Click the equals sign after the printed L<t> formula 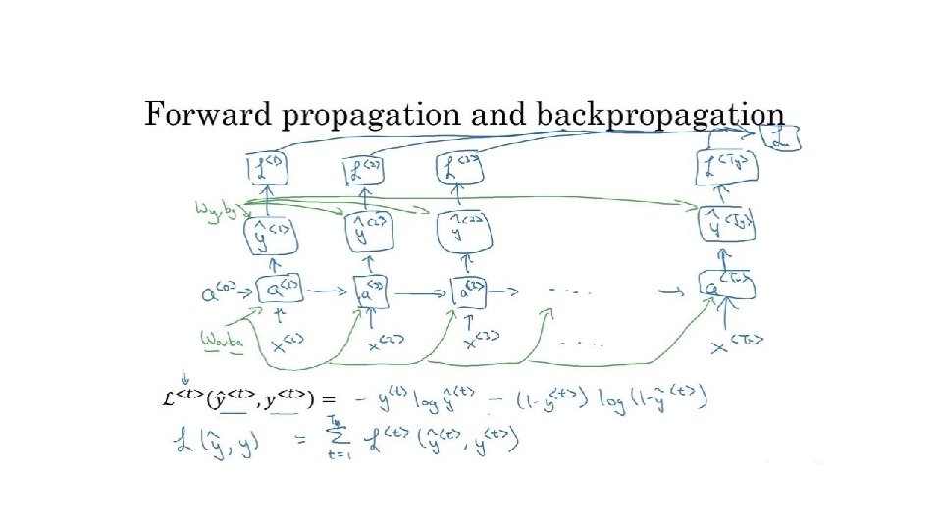329,399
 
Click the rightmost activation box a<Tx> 728,286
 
